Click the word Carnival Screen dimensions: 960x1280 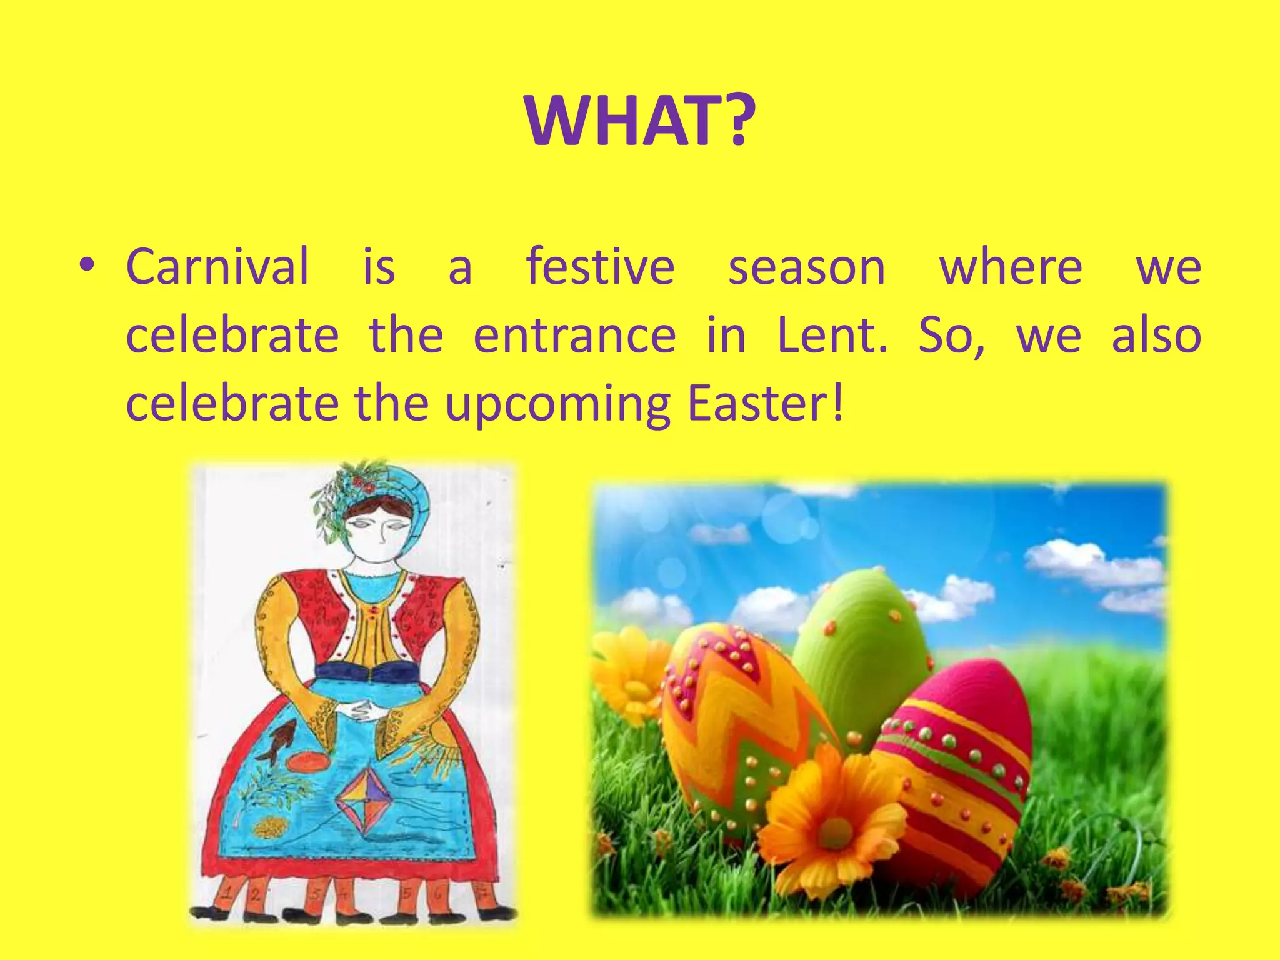(217, 267)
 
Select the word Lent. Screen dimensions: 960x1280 (832, 335)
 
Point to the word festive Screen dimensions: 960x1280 (600, 267)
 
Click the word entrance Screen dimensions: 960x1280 (574, 336)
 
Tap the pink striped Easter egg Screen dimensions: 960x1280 (956, 769)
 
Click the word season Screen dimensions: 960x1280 (806, 267)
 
